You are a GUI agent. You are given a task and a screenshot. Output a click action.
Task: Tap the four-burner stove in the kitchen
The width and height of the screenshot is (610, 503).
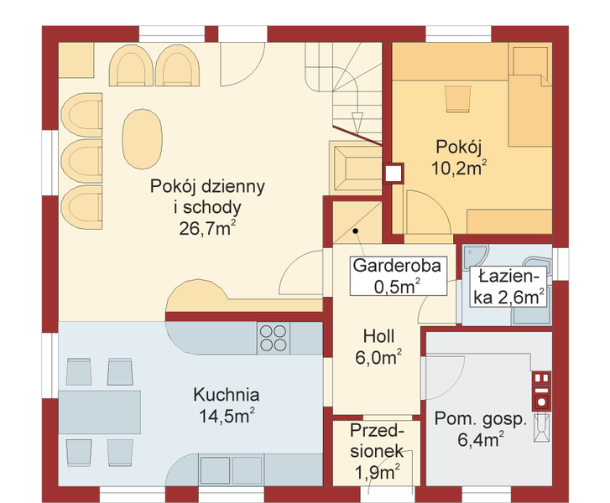click(272, 337)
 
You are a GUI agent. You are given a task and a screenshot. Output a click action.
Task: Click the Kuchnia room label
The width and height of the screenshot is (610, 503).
click(226, 394)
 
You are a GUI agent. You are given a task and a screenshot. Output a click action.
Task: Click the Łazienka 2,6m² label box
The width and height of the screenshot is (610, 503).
click(507, 286)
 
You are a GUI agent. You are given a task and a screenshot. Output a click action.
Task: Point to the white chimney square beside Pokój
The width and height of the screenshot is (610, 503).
click(393, 174)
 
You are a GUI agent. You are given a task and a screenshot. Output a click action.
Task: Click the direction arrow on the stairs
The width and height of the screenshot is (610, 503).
click(357, 118)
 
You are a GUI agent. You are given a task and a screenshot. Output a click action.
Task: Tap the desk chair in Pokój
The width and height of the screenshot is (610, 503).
click(458, 99)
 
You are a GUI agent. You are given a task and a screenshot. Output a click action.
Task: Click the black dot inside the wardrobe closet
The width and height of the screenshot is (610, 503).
click(356, 229)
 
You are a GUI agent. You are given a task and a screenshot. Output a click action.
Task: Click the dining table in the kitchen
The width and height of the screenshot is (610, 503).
click(99, 411)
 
